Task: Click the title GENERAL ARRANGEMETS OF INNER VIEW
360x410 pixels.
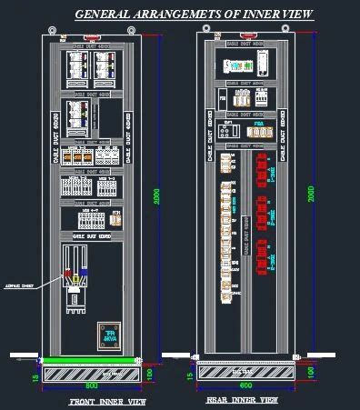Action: (194, 15)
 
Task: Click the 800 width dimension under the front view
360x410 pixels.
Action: (90, 385)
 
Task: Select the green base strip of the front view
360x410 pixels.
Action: (91, 361)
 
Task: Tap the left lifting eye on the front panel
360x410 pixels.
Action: (53, 29)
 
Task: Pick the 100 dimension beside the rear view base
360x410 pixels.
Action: (307, 371)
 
